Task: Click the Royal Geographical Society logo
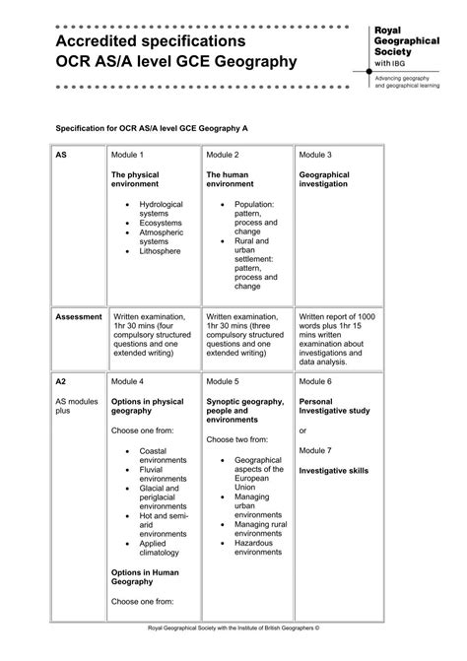point(403,47)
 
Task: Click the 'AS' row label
point(61,156)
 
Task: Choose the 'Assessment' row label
point(78,317)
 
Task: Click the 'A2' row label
point(61,380)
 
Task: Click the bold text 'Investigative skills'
point(334,471)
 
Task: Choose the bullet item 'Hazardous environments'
point(257,548)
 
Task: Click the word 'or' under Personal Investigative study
point(303,430)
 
